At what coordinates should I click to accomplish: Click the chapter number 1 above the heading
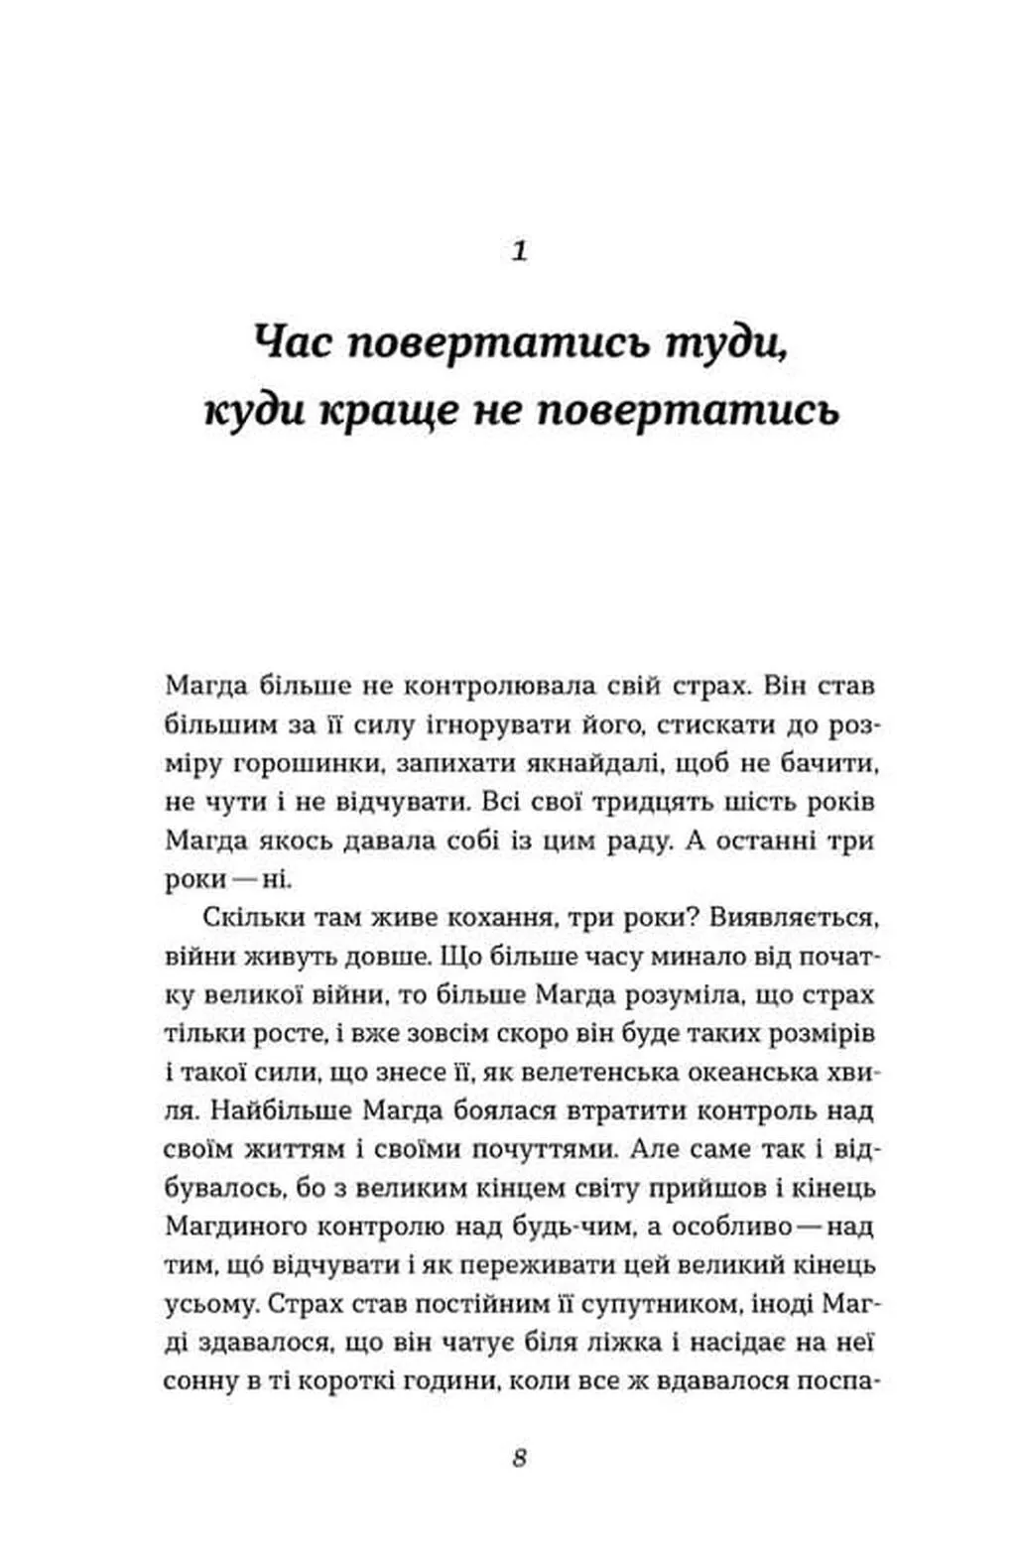tap(519, 251)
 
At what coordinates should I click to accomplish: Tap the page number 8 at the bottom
tap(520, 1459)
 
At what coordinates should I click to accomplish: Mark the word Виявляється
tap(794, 917)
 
